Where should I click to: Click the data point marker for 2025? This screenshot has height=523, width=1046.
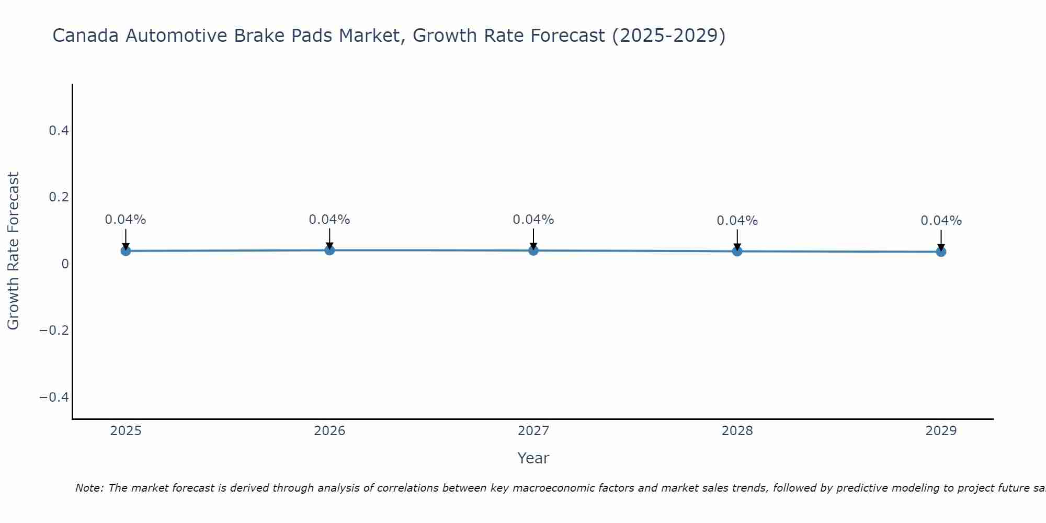[x=126, y=251]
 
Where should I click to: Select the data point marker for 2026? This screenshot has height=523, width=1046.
[x=329, y=250]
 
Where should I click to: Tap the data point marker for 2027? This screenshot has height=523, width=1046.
[x=533, y=251]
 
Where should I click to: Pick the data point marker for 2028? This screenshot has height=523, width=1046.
[x=737, y=251]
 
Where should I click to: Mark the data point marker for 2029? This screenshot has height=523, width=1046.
[x=941, y=252]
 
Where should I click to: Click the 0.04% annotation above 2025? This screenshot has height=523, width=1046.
[x=126, y=220]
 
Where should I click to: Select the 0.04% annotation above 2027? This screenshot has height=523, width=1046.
[x=533, y=220]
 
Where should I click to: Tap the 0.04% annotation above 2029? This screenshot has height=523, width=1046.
[x=941, y=221]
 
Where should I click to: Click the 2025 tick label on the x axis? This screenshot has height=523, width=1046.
[x=126, y=431]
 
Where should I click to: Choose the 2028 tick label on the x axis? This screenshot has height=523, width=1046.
[x=737, y=431]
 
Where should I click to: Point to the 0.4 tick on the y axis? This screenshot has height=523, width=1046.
[x=59, y=131]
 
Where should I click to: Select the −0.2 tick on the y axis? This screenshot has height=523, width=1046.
[x=54, y=331]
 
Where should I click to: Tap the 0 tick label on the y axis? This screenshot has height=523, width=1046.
[x=65, y=264]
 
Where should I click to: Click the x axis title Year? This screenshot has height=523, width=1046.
[x=533, y=459]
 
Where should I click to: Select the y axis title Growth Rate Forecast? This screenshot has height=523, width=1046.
[x=13, y=251]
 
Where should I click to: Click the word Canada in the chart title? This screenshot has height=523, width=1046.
[x=85, y=36]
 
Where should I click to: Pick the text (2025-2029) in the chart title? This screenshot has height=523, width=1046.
[x=668, y=36]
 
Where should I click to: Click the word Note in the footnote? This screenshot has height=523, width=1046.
[x=89, y=488]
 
